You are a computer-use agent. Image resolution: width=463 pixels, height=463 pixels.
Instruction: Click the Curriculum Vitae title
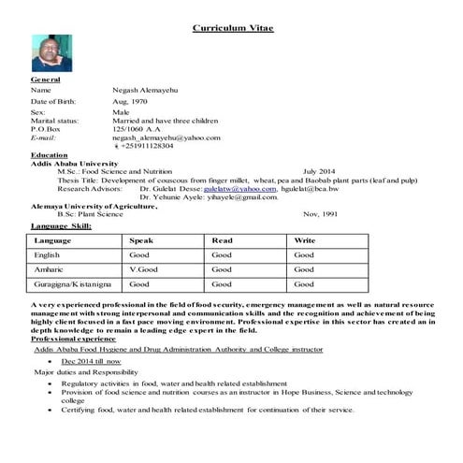[233, 29]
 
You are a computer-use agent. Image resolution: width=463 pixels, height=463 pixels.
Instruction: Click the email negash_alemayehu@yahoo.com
[166, 137]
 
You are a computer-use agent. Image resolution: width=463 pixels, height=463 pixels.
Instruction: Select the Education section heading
[49, 154]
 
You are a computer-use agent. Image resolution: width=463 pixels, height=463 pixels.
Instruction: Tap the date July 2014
[319, 172]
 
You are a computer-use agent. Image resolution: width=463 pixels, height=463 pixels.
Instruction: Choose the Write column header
[305, 240]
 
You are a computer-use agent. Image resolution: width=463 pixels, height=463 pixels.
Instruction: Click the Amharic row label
[48, 268]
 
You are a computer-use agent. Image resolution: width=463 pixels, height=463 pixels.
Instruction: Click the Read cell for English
[222, 254]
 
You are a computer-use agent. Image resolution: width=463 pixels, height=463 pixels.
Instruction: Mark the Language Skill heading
[61, 225]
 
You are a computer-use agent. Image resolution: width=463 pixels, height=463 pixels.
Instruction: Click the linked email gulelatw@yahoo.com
[247, 189]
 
